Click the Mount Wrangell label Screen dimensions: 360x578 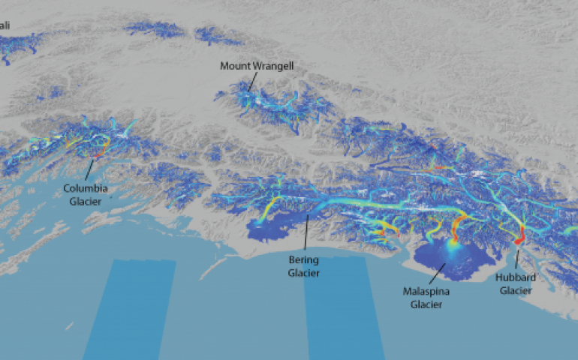pos(257,66)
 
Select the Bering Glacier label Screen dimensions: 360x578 pos(304,266)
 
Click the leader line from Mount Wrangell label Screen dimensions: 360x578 pos(252,81)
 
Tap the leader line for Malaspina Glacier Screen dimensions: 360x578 pos(435,274)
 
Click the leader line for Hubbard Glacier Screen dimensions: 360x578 pos(516,259)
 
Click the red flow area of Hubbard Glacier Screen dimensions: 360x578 pos(518,238)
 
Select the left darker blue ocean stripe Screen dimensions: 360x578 pos(129,307)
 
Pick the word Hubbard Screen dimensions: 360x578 pos(515,277)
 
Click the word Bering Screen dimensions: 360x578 pos(304,260)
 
